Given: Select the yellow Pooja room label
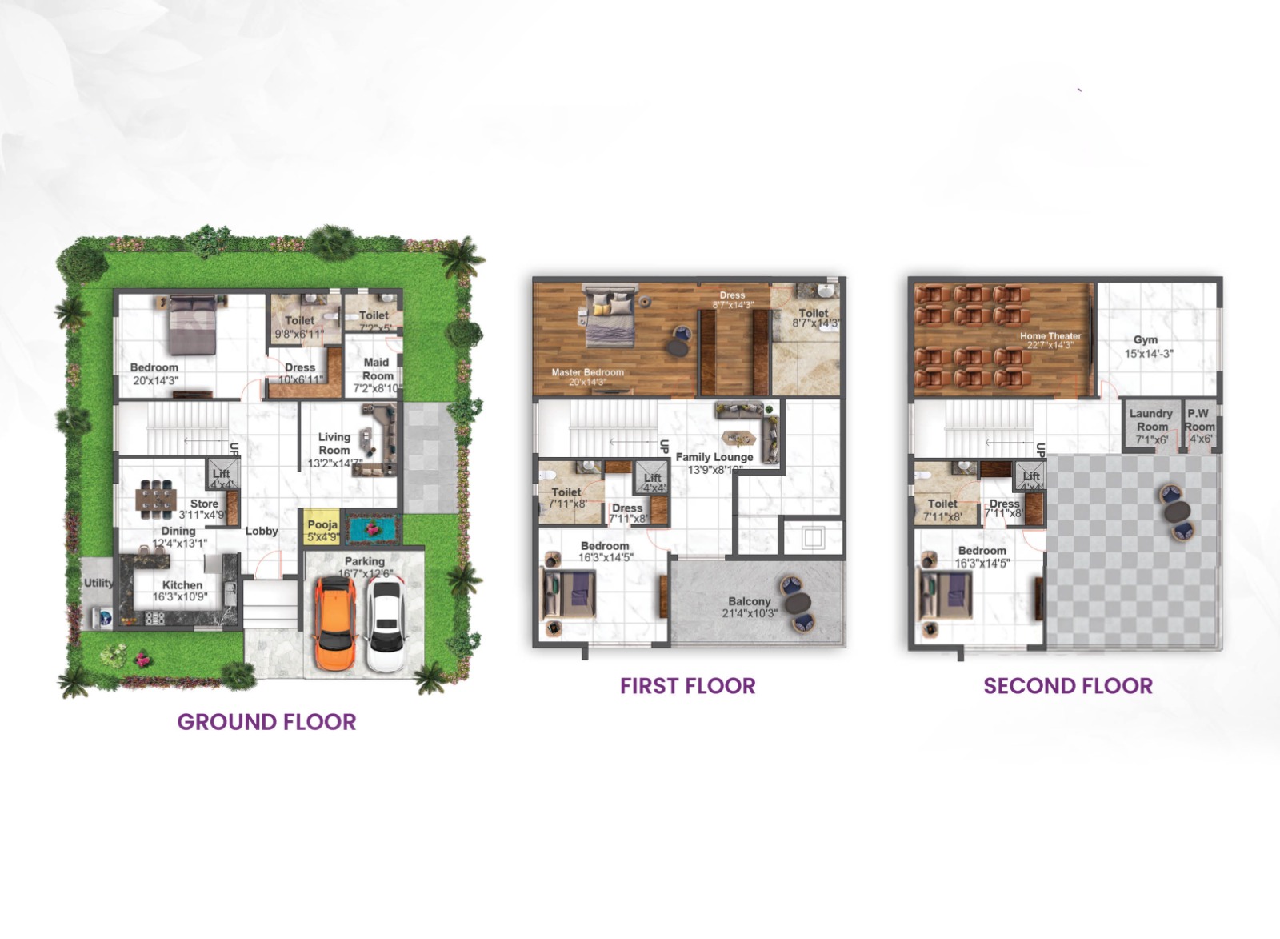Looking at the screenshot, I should tap(322, 525).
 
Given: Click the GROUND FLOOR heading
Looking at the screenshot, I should tap(266, 721).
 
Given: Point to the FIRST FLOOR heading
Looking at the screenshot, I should tap(687, 686).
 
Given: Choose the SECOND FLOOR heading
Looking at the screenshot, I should tap(1068, 686).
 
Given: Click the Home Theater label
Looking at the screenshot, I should tap(1050, 336).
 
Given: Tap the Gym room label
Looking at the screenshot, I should tap(1146, 340).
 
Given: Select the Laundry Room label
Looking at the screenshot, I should tap(1150, 420).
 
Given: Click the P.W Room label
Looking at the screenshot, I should tap(1199, 420).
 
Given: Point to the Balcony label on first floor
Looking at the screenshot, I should tap(749, 601).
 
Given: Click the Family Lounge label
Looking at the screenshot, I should tap(714, 457).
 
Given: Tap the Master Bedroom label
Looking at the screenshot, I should tap(587, 372).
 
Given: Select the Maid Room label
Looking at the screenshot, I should tap(377, 369).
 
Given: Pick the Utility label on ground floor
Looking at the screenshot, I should tap(98, 583).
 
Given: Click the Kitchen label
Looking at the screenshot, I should tap(182, 585).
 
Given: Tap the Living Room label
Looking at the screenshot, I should tap(334, 443).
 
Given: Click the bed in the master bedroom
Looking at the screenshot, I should tap(610, 318).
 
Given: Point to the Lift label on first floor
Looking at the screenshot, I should tap(653, 478).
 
